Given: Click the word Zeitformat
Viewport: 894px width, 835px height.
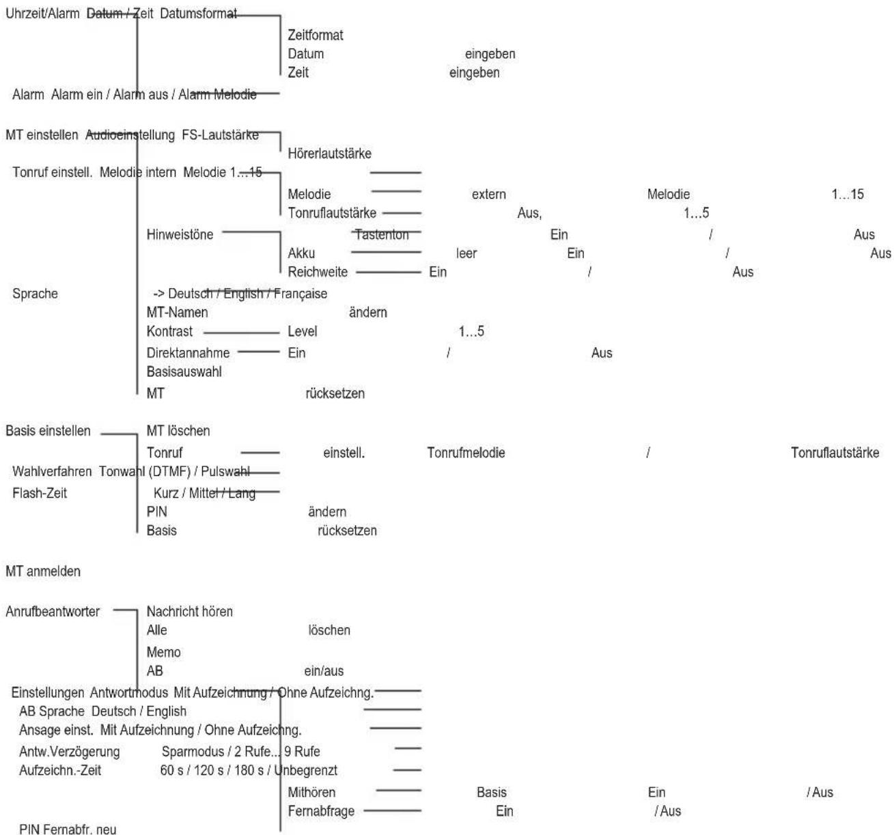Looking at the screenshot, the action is tap(315, 35).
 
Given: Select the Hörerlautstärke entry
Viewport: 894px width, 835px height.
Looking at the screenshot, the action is tap(329, 154).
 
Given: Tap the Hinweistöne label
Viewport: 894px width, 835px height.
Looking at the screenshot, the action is tap(180, 234).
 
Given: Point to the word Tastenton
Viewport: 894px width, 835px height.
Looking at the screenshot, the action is tap(382, 234).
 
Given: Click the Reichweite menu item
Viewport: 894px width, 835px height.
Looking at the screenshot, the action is tap(318, 272).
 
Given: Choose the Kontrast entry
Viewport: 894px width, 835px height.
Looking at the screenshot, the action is tap(169, 331).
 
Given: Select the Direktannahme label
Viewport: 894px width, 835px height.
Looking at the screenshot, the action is tap(188, 353).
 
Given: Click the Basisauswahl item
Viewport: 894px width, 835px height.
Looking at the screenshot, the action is tap(184, 372).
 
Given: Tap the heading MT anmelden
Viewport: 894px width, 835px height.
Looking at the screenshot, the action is tap(43, 571).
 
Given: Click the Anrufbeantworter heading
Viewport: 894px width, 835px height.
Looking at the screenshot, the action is tap(52, 611).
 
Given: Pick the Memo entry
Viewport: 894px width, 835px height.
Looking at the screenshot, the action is tap(163, 652).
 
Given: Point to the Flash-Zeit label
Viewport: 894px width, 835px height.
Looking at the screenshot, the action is tap(40, 493).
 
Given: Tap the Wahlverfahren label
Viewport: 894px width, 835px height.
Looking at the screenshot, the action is tap(52, 471).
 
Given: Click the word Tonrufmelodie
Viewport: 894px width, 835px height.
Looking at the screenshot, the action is tap(466, 453).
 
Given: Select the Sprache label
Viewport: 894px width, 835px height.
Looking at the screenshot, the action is tap(35, 294).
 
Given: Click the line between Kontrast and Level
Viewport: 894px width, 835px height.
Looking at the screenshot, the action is tap(241, 333).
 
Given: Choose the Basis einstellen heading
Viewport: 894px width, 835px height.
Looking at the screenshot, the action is tap(48, 431).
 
